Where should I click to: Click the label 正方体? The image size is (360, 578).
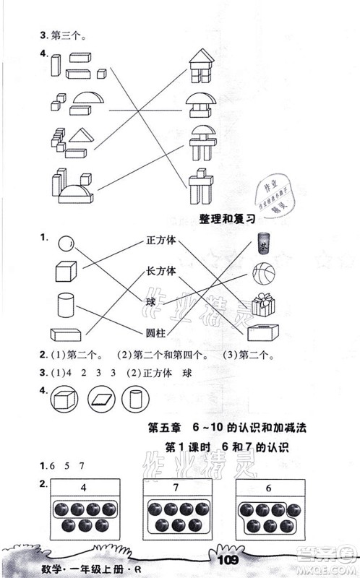coord(161,241)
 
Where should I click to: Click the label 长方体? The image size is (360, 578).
coord(161,271)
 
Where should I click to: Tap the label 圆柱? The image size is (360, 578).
coord(156,331)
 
